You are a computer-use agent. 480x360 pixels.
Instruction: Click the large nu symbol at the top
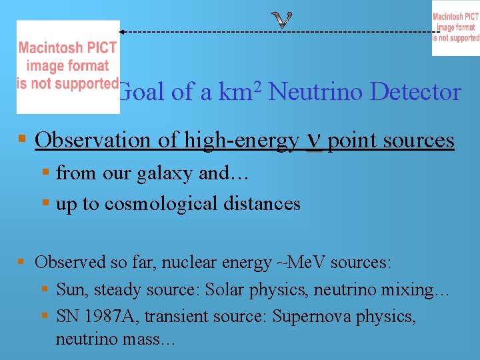tap(283, 20)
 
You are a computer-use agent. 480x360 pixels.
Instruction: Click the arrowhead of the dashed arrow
tap(123, 31)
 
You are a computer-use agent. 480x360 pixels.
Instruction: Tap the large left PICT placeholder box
tap(68, 67)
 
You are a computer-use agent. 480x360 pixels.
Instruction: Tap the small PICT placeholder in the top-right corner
tap(455, 28)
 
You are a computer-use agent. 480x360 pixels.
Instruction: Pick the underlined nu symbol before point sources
tap(313, 141)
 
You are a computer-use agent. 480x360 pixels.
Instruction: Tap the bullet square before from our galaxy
tap(45, 173)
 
